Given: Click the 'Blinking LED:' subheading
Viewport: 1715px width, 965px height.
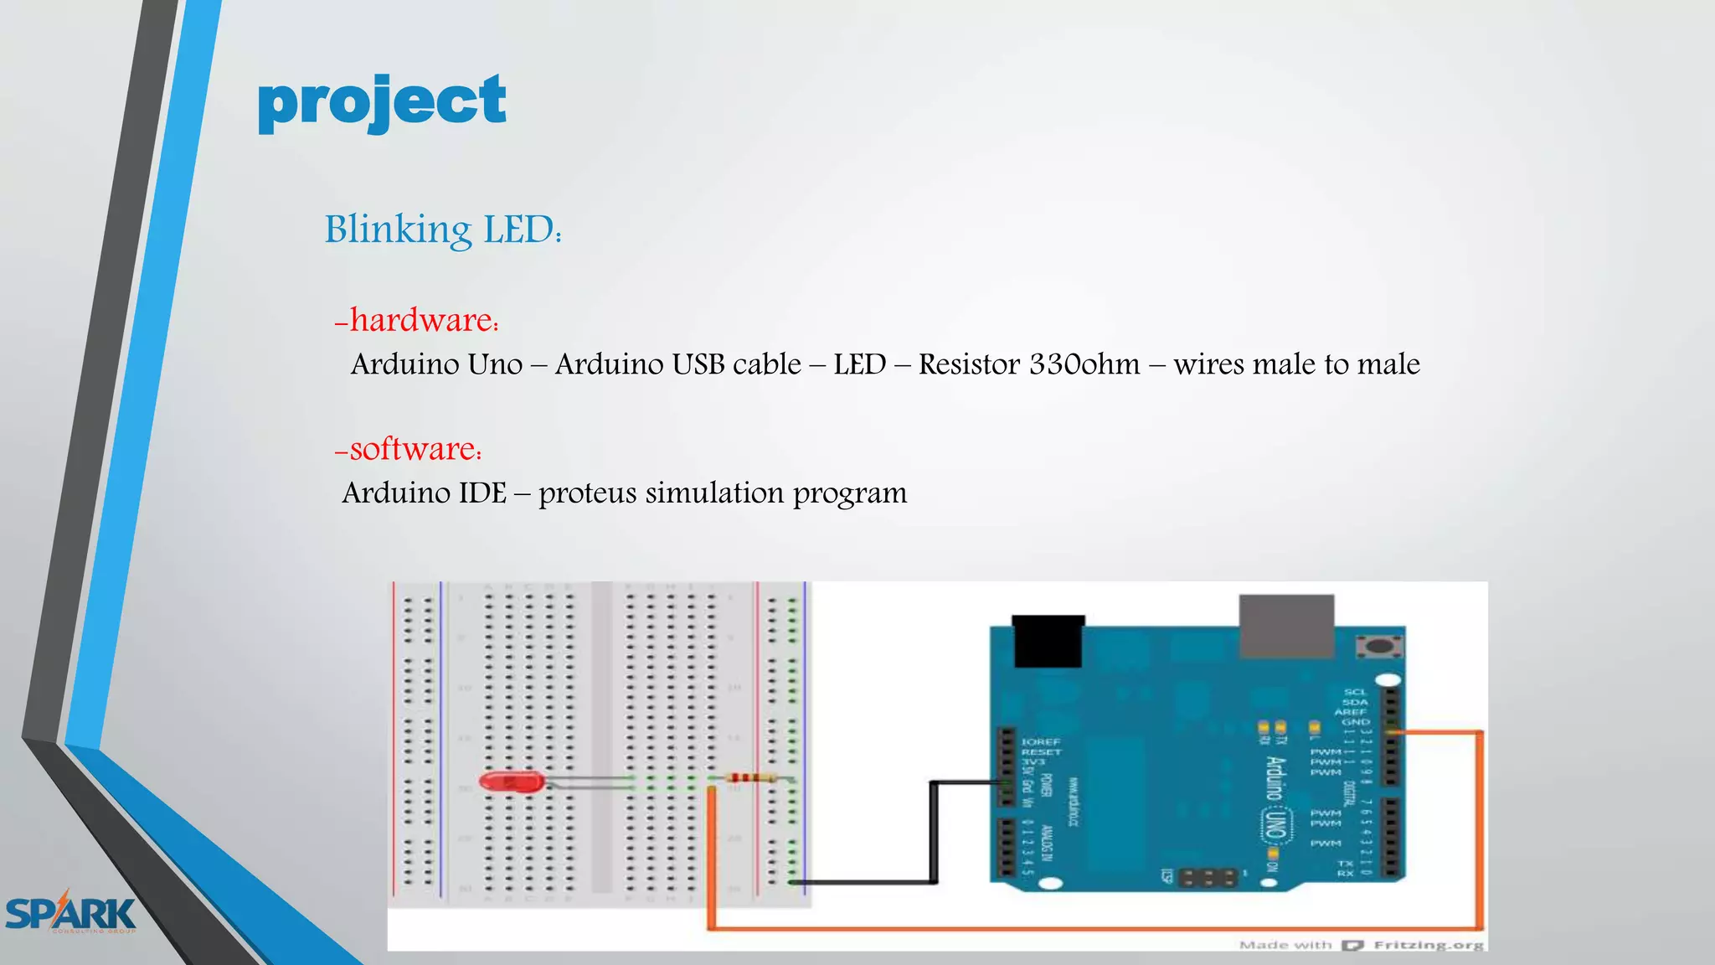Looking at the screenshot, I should (x=443, y=230).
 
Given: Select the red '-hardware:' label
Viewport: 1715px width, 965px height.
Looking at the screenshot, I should (x=417, y=320).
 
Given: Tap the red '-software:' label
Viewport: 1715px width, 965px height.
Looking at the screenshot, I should (x=409, y=449).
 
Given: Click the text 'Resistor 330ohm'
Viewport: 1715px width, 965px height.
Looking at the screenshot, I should (x=1029, y=364).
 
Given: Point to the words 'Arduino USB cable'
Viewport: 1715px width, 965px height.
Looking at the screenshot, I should (x=678, y=364).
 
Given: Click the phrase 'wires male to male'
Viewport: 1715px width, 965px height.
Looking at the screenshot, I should (x=1296, y=364).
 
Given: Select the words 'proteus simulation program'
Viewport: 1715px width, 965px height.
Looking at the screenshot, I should (x=723, y=493).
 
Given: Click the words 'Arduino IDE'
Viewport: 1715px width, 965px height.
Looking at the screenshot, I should (x=425, y=493).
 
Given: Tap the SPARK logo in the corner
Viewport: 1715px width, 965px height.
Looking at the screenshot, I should (x=70, y=913).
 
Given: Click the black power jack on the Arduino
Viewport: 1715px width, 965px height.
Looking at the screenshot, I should (x=1048, y=641).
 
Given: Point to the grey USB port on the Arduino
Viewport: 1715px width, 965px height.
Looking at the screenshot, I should (x=1286, y=626).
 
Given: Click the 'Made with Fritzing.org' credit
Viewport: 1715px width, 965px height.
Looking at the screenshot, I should (x=1361, y=945).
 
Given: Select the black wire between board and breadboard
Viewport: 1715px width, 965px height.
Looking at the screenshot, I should (x=934, y=833).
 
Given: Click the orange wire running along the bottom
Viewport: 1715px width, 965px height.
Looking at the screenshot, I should (x=1089, y=927).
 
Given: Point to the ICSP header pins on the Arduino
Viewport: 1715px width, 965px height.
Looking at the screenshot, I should (x=1207, y=877).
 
